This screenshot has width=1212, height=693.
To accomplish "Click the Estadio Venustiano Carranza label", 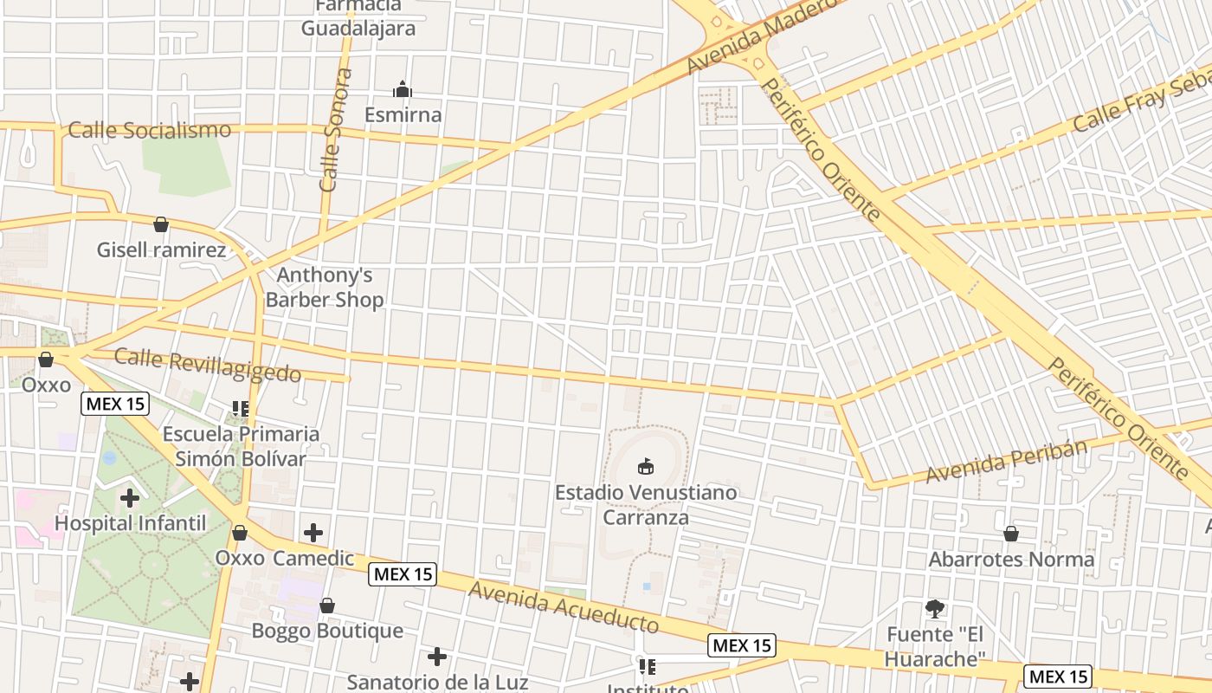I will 646,505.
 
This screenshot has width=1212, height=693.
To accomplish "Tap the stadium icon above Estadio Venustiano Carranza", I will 646,467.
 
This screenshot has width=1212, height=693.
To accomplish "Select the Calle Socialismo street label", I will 149,130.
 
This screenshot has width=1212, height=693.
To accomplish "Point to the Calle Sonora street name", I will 334,130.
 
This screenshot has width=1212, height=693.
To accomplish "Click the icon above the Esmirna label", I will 403,89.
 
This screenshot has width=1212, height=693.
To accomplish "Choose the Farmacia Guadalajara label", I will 358,17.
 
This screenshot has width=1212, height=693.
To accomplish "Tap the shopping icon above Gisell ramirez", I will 161,225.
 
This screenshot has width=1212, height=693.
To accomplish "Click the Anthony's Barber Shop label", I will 324,288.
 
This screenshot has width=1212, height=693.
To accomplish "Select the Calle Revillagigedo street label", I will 208,366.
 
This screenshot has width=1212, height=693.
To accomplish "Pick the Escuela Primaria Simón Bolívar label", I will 241,445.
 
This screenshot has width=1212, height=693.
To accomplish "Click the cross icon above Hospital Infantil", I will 130,498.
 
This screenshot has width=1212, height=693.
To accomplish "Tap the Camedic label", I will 313,558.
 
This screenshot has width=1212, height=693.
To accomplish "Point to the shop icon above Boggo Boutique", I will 327,606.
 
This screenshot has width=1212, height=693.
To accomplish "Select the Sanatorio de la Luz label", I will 437,682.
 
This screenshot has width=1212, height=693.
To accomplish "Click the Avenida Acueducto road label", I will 564,607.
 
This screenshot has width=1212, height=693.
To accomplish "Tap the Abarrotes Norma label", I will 1011,559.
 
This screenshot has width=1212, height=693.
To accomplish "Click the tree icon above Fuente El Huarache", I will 935,609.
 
